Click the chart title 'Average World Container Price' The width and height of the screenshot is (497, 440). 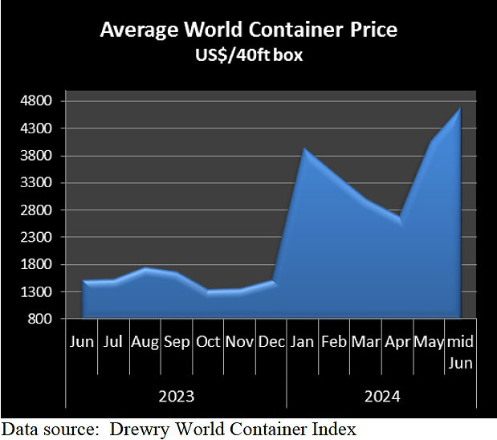(x=248, y=31)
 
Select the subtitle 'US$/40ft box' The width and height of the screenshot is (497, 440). (x=248, y=57)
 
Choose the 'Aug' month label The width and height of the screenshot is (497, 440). (x=145, y=343)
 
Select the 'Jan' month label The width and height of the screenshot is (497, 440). (x=303, y=343)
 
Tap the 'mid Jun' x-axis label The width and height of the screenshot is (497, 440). (x=460, y=352)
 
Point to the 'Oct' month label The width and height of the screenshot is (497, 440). (x=208, y=343)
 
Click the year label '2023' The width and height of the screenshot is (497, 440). (x=176, y=396)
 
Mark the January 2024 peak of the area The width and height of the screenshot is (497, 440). (x=303, y=149)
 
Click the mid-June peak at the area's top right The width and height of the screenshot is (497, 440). (x=460, y=108)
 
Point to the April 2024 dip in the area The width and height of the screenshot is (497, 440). (x=399, y=219)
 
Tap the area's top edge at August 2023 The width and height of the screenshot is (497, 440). (x=145, y=268)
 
